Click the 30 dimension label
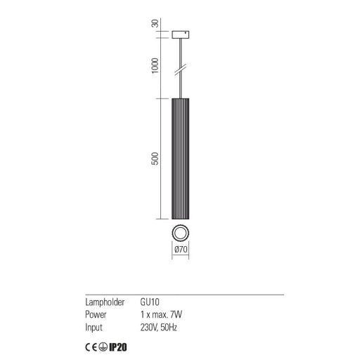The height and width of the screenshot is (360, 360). [155, 23]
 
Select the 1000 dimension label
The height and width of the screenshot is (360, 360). [155, 65]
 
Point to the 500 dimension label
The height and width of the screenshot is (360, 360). [155, 158]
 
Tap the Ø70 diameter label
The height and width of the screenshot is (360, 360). [181, 249]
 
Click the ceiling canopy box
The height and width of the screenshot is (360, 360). [181, 34]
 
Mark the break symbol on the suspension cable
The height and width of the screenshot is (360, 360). [181, 70]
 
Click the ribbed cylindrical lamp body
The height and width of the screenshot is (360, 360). [181, 159]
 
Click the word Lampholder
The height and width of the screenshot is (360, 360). [105, 302]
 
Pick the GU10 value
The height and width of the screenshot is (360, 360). [150, 302]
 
